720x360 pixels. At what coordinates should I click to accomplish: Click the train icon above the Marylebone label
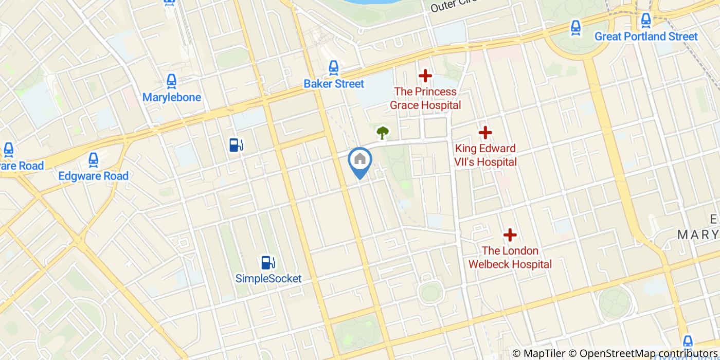[171, 81]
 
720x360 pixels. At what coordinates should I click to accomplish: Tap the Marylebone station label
[171, 97]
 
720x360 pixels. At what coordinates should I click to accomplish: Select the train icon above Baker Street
[334, 67]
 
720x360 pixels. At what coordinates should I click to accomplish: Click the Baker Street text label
[334, 84]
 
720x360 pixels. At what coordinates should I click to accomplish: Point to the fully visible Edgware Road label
[93, 176]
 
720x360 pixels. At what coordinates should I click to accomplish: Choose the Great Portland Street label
[646, 37]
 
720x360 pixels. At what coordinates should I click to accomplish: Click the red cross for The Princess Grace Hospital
[425, 76]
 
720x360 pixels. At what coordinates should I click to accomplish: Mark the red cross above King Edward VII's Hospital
[485, 133]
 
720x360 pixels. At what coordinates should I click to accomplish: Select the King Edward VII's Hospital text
[485, 155]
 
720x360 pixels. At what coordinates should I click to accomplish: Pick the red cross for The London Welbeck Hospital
[510, 235]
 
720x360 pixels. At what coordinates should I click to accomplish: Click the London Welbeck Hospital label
[510, 258]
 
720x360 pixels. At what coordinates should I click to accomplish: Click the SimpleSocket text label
[268, 279]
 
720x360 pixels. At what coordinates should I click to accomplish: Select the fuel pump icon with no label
[236, 146]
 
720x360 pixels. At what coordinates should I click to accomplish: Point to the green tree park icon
[382, 133]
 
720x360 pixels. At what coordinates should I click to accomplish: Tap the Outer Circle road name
[453, 6]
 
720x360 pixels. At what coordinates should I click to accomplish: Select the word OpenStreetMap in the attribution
[612, 353]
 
